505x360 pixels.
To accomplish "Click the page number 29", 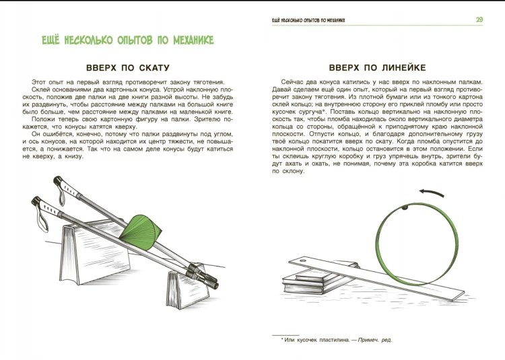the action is (x=479, y=20).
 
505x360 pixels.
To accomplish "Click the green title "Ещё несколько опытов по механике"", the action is (x=128, y=40).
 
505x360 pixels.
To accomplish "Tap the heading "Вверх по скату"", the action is (x=127, y=68).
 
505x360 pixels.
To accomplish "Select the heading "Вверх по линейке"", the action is (x=377, y=67).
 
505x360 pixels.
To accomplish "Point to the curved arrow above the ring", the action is (x=432, y=192).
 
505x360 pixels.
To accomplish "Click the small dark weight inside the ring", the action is (x=405, y=208).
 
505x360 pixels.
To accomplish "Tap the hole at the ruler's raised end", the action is (x=302, y=260).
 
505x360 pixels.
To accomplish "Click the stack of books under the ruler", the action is (x=319, y=279).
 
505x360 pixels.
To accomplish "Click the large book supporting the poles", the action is (x=96, y=254).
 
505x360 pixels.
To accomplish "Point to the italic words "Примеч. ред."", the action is (x=375, y=340).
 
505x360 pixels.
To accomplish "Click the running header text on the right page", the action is (x=308, y=20).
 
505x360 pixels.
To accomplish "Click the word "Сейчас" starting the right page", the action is (x=291, y=82).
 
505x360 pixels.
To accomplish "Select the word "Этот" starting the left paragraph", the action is (x=38, y=82).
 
